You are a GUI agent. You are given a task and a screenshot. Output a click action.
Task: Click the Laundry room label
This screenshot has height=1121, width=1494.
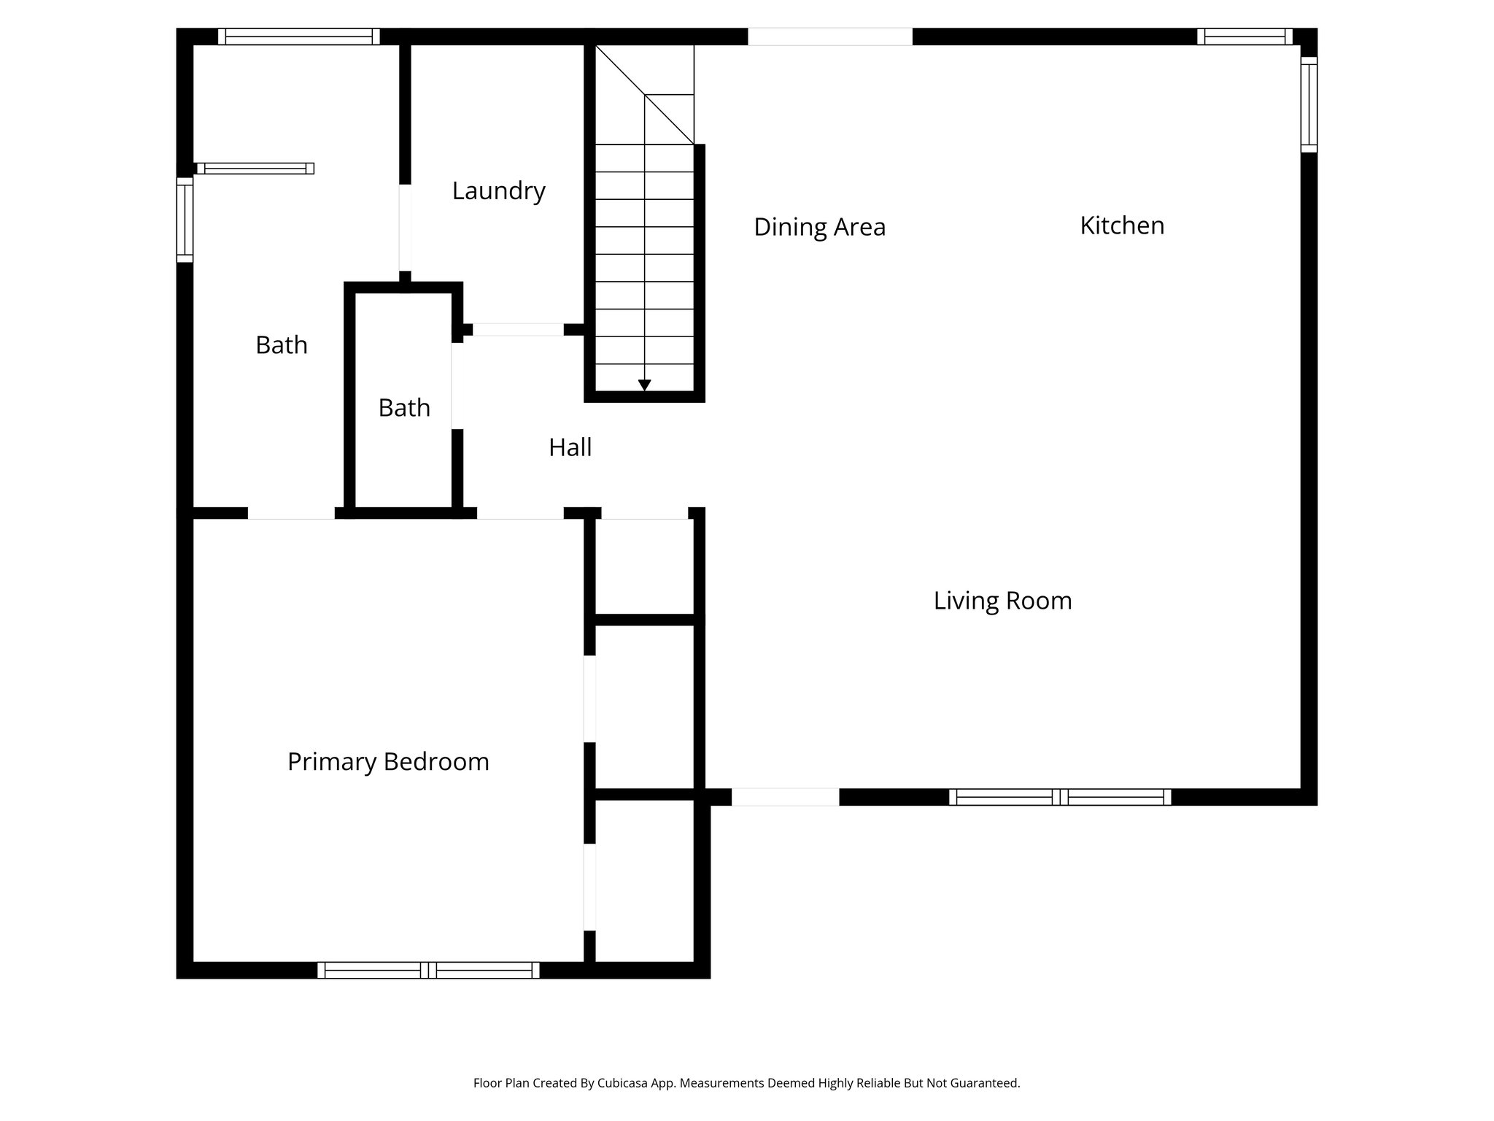(x=498, y=191)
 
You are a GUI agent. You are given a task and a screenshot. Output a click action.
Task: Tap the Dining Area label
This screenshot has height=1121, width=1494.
(x=819, y=227)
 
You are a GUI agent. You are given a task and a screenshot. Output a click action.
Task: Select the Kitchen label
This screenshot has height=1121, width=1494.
(x=1121, y=226)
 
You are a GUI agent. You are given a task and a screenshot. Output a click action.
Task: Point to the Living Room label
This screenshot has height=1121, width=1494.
(x=1002, y=601)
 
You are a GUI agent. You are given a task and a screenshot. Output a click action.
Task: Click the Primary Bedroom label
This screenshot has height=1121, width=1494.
(x=388, y=762)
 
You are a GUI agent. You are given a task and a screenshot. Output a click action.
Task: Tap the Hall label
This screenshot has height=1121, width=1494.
(x=570, y=447)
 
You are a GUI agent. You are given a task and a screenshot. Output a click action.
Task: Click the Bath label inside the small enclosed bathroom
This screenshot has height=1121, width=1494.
(x=404, y=408)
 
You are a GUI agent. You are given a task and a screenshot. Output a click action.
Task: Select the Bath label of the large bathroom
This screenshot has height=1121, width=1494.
(x=282, y=345)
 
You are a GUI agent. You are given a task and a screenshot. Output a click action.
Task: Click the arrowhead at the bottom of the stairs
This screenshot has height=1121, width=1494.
(x=644, y=385)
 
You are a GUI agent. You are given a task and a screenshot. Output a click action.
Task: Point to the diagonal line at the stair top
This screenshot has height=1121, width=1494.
(x=644, y=95)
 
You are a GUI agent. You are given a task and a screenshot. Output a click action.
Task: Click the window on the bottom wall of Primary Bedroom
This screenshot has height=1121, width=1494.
(x=428, y=970)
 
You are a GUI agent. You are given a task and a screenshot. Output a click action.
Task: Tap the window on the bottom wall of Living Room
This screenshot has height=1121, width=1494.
(x=1059, y=797)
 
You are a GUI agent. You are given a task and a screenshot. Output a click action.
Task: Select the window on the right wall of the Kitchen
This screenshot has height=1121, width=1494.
(x=1309, y=104)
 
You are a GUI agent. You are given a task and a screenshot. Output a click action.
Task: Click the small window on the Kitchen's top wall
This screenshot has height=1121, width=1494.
(x=1244, y=36)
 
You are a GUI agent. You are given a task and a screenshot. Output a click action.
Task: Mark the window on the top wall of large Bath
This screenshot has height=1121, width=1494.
(x=298, y=36)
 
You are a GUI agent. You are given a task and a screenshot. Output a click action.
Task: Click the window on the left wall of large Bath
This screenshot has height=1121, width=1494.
(x=185, y=219)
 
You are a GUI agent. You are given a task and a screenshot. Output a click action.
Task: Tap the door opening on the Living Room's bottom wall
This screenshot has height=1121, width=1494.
(x=785, y=797)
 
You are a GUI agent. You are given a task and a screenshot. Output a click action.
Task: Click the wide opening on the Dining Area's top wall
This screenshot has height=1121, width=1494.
(x=829, y=36)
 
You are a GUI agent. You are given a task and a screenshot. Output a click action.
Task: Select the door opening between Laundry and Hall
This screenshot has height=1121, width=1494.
(x=518, y=330)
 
